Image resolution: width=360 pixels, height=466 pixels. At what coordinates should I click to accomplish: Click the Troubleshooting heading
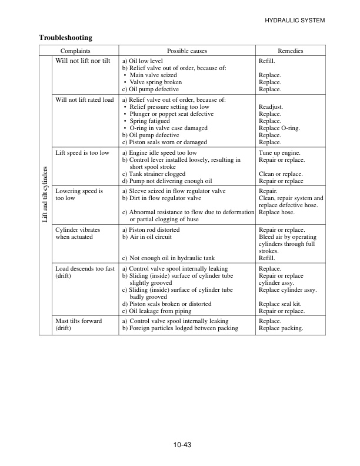[x=65, y=38]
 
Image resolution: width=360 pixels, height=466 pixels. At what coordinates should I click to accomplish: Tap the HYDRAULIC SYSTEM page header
[x=295, y=21]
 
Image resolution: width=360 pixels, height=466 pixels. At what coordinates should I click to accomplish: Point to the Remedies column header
[x=290, y=51]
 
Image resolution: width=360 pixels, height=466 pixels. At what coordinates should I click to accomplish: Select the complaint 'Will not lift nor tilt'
[x=82, y=61]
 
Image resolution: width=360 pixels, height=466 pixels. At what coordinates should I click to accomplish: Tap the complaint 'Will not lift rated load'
[x=84, y=99]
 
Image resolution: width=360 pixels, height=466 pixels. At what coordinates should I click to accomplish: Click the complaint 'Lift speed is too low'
[x=82, y=153]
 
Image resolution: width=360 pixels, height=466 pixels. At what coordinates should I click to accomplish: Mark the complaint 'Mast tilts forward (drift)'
[x=78, y=325]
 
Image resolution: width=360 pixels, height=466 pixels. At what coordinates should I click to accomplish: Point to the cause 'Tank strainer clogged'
[x=156, y=174]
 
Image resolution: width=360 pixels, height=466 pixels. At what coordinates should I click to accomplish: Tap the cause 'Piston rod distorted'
[x=154, y=229]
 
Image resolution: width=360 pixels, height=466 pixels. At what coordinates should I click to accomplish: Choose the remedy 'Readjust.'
[x=271, y=107]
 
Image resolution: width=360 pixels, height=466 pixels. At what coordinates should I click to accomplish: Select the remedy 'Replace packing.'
[x=281, y=328]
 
